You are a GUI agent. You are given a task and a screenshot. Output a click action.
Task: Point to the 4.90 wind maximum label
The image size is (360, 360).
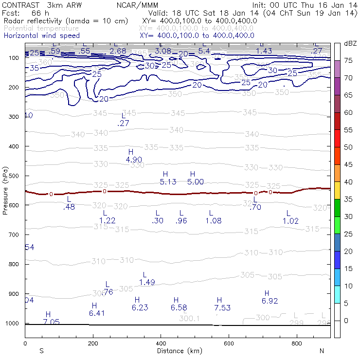coord(133,160)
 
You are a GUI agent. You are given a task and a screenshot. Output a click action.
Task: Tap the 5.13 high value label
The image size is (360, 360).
coord(168,182)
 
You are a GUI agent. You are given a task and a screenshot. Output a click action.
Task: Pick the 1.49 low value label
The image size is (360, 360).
coord(147,282)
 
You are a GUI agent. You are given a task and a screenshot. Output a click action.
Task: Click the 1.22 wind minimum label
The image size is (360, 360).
coord(108,220)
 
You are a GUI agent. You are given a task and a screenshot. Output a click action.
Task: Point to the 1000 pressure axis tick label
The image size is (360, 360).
coord(13,324)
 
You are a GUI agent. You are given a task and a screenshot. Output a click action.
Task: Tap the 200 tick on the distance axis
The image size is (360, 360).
coord(93,343)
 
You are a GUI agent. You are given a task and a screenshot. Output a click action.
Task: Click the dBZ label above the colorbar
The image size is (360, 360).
coord(350,44)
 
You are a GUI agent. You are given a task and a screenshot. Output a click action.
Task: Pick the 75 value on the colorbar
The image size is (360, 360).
coord(349,61)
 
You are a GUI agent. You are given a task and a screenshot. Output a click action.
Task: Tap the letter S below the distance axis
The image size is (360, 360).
coord(41,350)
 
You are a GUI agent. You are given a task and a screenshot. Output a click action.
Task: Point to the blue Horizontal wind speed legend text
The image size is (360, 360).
coord(41,36)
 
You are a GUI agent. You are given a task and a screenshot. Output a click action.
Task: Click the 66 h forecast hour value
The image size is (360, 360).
coord(38,13)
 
